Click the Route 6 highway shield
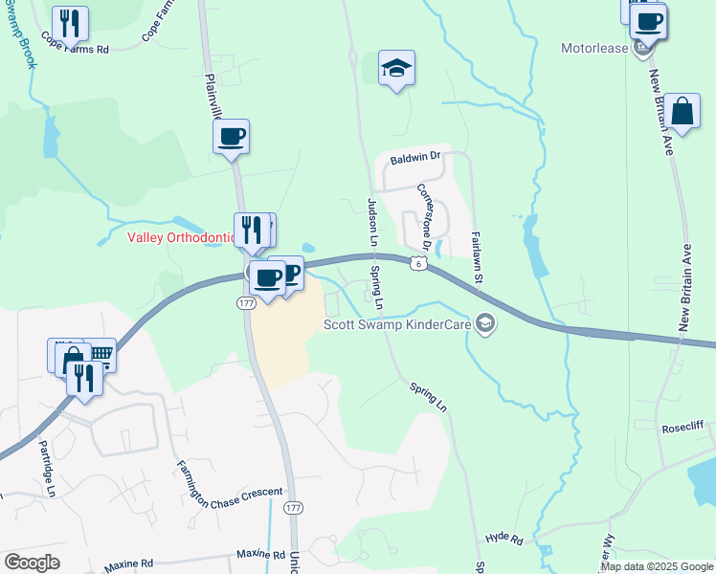coord(418,263)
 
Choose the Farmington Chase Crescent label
coord(229,487)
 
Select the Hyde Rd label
coord(503,540)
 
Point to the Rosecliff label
coord(683,429)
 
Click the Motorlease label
coord(594,48)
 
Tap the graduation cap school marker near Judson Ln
coord(396,68)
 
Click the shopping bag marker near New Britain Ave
coord(683,112)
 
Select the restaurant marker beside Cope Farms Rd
coord(69,23)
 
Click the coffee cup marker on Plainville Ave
coord(231,136)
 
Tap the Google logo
coord(32,562)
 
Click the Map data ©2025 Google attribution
coord(656,566)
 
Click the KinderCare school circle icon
coord(485,323)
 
